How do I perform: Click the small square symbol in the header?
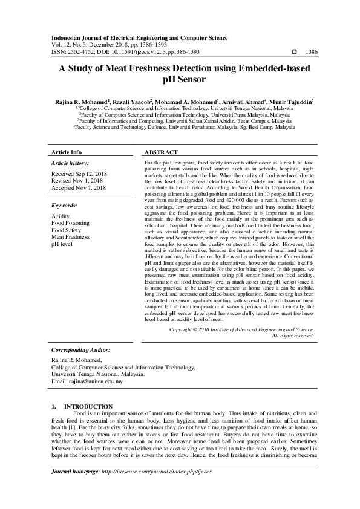click(294, 53)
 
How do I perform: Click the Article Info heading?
click(67, 152)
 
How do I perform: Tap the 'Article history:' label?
click(70, 163)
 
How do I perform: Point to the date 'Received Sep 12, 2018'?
click(79, 174)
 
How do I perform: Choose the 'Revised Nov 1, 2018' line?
click(77, 181)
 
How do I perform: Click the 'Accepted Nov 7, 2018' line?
click(79, 188)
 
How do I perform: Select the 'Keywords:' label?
click(64, 206)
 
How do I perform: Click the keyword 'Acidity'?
click(61, 216)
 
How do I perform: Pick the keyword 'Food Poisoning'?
click(70, 223)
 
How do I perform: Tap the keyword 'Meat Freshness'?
click(70, 237)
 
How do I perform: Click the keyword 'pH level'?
click(62, 244)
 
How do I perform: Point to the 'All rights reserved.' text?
click(293, 335)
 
